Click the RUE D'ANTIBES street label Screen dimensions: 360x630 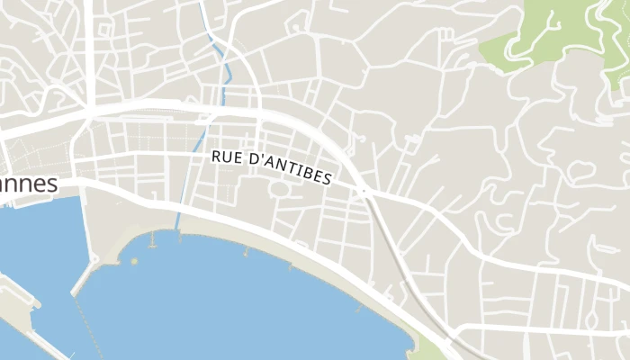coord(272,167)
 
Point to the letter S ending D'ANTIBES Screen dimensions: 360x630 coord(327,179)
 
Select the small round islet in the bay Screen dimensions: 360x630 coord(134,261)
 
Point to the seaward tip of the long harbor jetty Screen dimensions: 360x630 coord(74,292)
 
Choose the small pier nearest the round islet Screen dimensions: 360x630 coord(152,241)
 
